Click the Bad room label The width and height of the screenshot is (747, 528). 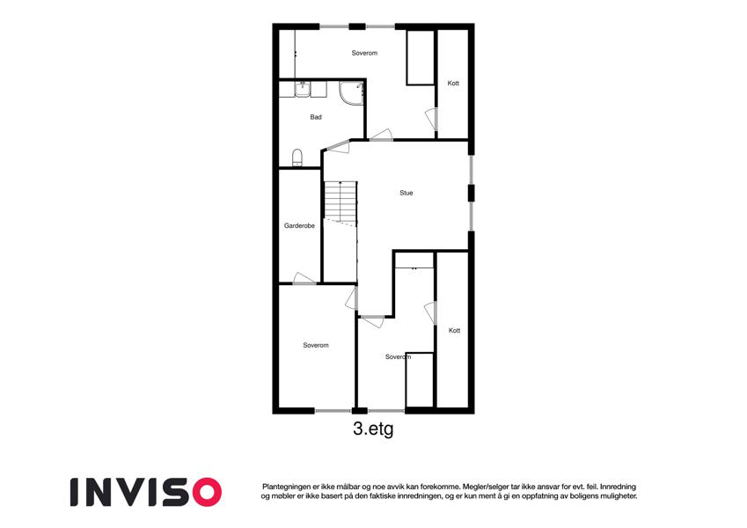click(x=316, y=117)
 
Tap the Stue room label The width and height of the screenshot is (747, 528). click(x=406, y=193)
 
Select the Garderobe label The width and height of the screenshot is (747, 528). click(x=299, y=225)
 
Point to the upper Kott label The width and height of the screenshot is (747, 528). click(x=453, y=83)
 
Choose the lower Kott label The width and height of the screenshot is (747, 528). click(x=455, y=330)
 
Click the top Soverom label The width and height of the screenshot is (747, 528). click(x=364, y=53)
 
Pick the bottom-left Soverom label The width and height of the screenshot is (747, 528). click(x=316, y=345)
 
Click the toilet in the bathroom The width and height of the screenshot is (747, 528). click(x=297, y=158)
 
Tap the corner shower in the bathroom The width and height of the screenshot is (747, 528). click(x=351, y=93)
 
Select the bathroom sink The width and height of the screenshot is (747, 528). click(x=303, y=89)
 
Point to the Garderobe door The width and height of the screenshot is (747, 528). click(x=304, y=279)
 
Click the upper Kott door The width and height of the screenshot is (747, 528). click(x=431, y=119)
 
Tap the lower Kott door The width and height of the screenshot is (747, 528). click(x=430, y=312)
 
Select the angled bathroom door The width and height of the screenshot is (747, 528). click(x=338, y=146)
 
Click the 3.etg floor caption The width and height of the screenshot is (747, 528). click(x=373, y=429)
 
